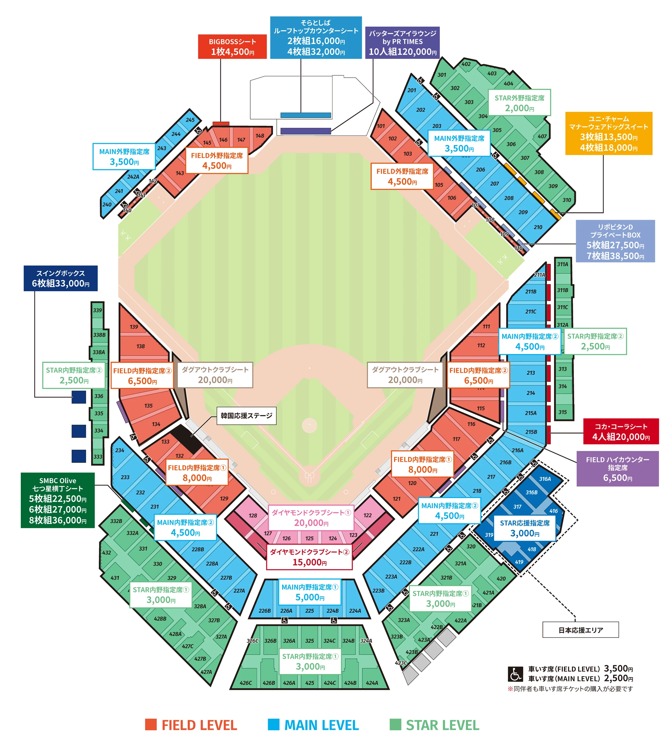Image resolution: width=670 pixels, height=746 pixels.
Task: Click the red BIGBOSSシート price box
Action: (x=232, y=47)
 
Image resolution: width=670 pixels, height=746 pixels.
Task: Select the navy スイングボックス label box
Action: (x=60, y=278)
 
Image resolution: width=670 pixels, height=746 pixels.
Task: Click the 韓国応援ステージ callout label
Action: (x=246, y=416)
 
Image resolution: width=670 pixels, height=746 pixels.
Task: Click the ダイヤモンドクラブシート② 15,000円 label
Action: (x=309, y=557)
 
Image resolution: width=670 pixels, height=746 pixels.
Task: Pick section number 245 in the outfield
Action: (x=190, y=120)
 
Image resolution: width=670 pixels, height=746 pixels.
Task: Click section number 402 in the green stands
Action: (x=466, y=64)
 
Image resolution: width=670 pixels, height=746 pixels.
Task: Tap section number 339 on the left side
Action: (x=97, y=310)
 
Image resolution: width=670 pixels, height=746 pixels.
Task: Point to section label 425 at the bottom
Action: (x=310, y=683)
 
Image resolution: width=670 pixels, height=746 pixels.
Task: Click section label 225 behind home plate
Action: (x=310, y=611)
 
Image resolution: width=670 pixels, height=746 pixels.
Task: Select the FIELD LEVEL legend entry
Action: (x=191, y=725)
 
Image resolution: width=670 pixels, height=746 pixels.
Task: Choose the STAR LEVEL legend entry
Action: (x=434, y=725)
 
